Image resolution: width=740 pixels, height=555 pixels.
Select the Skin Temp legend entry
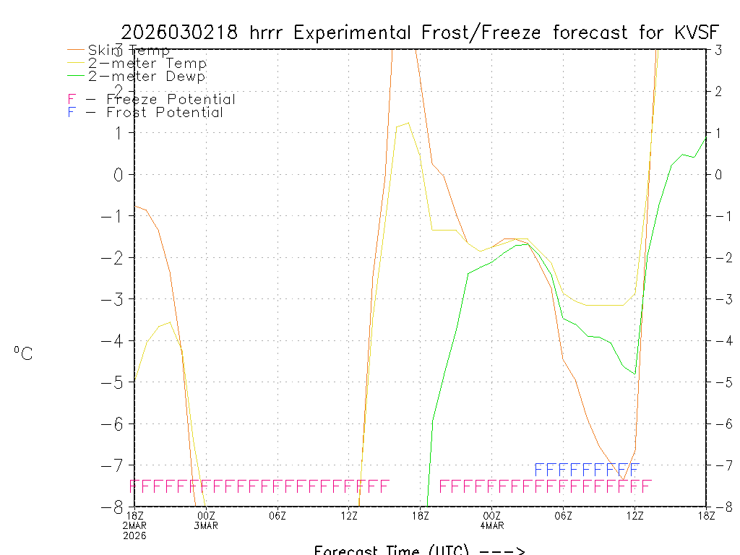(x=129, y=51)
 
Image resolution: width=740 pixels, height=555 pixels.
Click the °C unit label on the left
(x=23, y=353)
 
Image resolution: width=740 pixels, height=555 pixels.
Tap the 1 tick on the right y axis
(x=719, y=132)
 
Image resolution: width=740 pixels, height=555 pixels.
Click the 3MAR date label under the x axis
(x=206, y=525)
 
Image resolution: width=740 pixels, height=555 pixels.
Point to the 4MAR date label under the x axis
(x=492, y=525)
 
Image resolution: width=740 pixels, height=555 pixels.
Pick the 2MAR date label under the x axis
(x=134, y=525)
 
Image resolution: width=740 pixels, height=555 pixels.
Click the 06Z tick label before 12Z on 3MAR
(x=277, y=515)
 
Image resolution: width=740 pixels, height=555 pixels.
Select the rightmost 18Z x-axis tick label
(x=706, y=515)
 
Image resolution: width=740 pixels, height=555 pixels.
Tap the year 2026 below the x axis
(x=134, y=535)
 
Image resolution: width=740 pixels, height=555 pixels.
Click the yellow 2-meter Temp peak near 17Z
(x=408, y=123)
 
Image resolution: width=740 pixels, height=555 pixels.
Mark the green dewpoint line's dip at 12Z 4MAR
(x=634, y=374)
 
